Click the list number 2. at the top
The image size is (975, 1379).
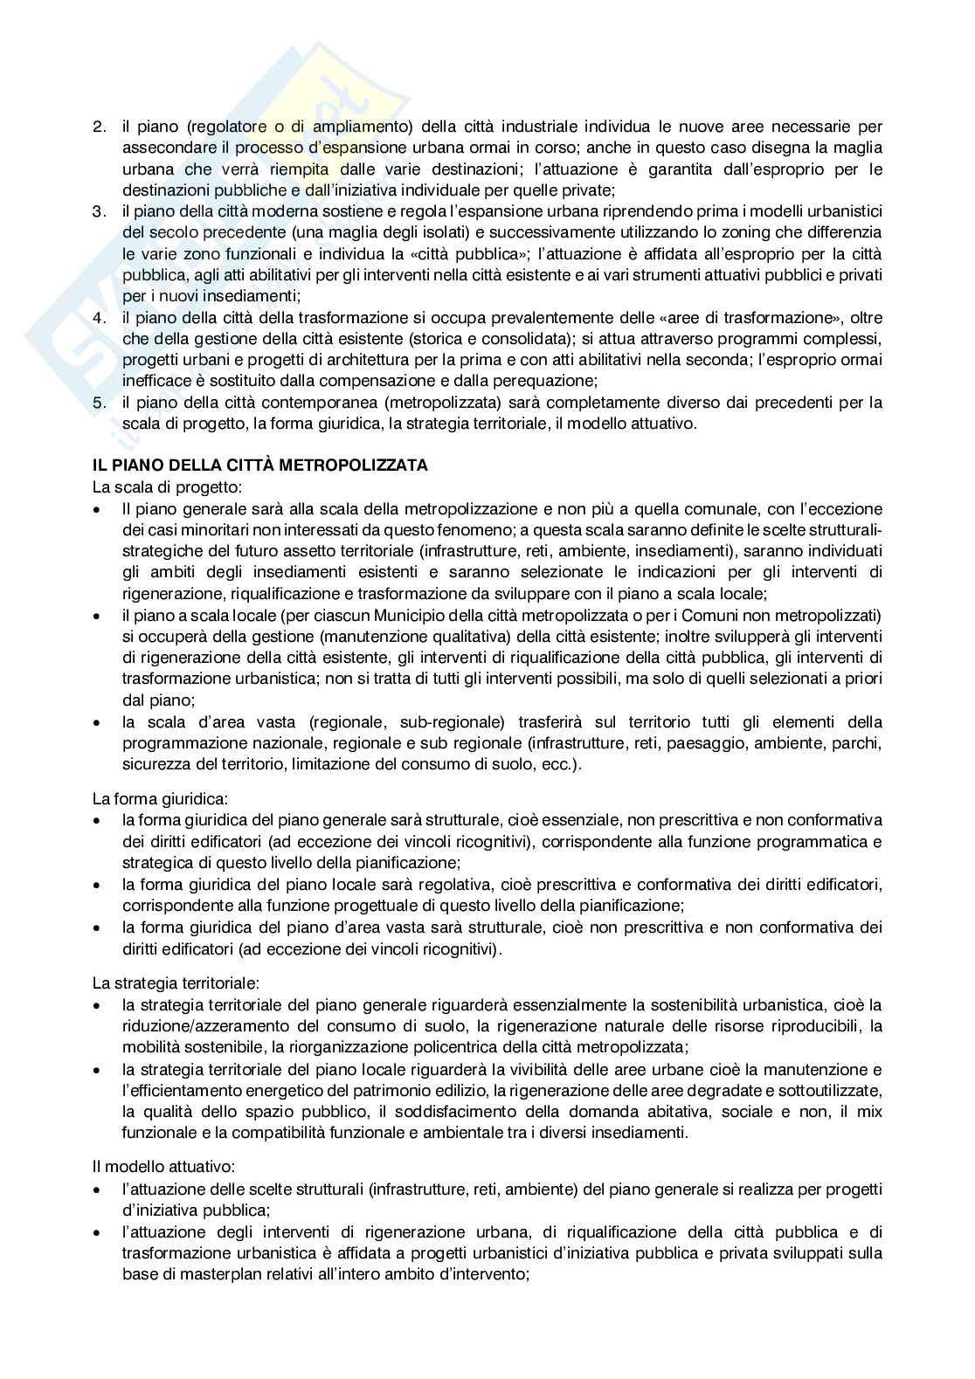98,127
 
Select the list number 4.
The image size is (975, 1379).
98,317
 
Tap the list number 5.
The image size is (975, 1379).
98,403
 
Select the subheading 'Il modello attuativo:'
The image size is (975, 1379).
154,1167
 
